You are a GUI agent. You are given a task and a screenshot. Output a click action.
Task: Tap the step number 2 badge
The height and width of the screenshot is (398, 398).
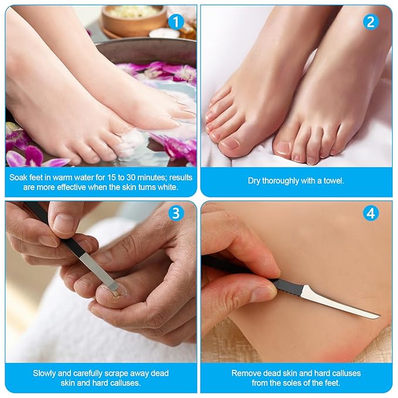[370, 22]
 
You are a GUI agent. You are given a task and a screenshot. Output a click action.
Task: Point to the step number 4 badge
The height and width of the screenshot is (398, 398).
[370, 213]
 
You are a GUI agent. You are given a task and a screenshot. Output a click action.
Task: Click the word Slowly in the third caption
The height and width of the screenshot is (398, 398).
[46, 373]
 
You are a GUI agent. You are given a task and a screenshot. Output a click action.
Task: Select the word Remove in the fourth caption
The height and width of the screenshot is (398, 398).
[244, 373]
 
